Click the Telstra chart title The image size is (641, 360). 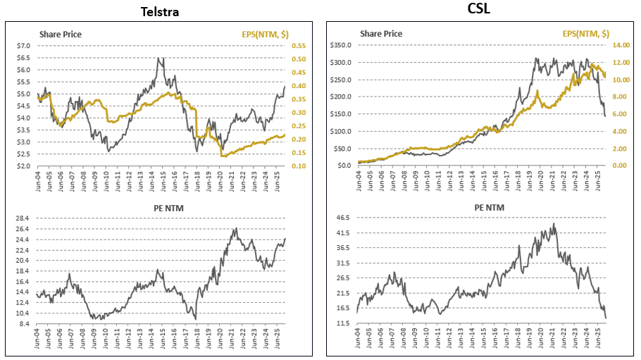[x=159, y=12]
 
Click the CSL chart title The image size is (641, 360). [x=481, y=9]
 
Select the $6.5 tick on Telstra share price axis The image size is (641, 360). [x=23, y=70]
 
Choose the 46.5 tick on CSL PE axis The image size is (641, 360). [x=343, y=218]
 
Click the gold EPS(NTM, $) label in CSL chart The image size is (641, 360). [x=585, y=33]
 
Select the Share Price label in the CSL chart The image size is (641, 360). [x=381, y=33]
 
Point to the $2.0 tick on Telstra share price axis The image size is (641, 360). [x=23, y=166]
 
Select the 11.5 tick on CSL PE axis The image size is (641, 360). [x=343, y=323]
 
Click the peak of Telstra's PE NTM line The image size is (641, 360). [x=235, y=228]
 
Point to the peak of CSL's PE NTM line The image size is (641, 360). [x=554, y=223]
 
